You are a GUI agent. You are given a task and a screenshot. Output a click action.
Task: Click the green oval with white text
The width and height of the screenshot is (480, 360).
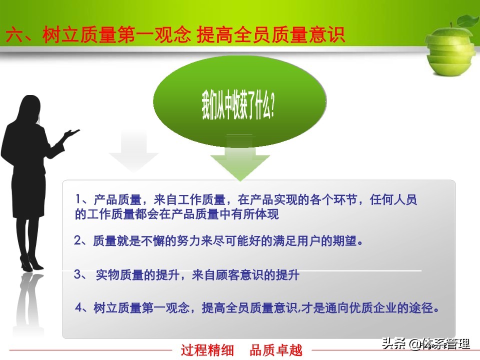pyautogui.click(x=239, y=101)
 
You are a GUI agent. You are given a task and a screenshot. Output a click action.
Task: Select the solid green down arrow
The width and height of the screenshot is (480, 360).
pyautogui.click(x=239, y=158)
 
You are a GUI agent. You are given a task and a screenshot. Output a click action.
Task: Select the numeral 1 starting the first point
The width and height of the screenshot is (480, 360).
pyautogui.click(x=78, y=199)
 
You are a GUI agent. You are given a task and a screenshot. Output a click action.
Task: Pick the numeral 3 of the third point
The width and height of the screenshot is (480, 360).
pyautogui.click(x=78, y=274)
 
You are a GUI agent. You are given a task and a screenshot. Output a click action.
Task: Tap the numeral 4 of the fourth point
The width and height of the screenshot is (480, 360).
pyautogui.click(x=79, y=307)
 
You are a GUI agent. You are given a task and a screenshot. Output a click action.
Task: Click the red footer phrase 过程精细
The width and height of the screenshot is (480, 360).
pyautogui.click(x=207, y=350)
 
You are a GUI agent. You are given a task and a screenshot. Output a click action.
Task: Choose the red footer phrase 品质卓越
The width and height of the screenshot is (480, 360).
pyautogui.click(x=276, y=350)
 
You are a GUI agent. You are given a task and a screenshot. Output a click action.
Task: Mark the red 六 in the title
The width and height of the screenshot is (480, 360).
pyautogui.click(x=14, y=34)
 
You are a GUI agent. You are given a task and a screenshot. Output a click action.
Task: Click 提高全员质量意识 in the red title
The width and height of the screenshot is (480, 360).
pyautogui.click(x=270, y=34)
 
